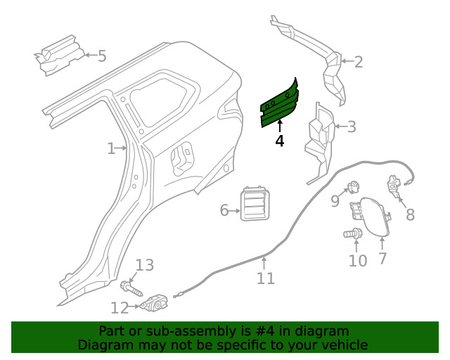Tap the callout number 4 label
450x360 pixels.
click(280, 141)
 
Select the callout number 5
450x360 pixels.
click(102, 56)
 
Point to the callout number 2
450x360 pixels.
click(358, 62)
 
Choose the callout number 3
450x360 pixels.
click(352, 127)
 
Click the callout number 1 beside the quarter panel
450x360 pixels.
click(111, 148)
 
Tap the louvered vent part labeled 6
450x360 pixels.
click(255, 205)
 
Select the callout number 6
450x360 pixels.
click(224, 210)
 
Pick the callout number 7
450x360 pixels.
click(382, 258)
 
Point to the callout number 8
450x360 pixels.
click(410, 215)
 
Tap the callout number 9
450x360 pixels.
click(335, 202)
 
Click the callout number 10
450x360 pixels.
click(358, 261)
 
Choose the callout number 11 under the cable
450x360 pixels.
click(265, 278)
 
